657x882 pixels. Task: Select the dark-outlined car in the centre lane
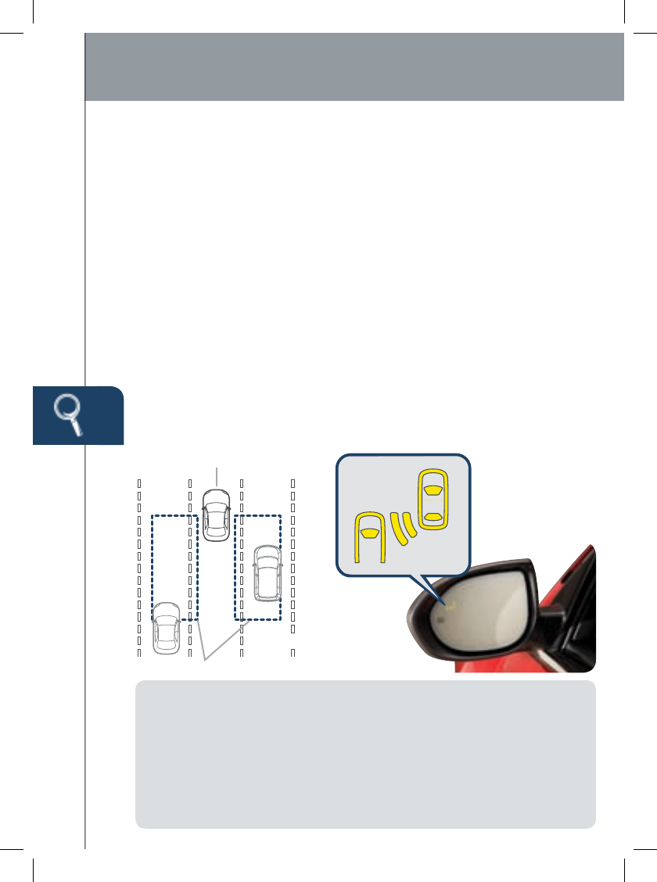(216, 514)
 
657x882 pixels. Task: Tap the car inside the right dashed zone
(267, 573)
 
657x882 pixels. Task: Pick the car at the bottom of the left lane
(166, 628)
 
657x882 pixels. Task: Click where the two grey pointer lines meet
(206, 661)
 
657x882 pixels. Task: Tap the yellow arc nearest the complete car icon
(407, 525)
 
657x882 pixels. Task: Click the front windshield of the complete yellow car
(432, 489)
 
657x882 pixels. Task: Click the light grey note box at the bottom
(365, 754)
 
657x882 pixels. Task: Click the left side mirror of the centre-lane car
(203, 507)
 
